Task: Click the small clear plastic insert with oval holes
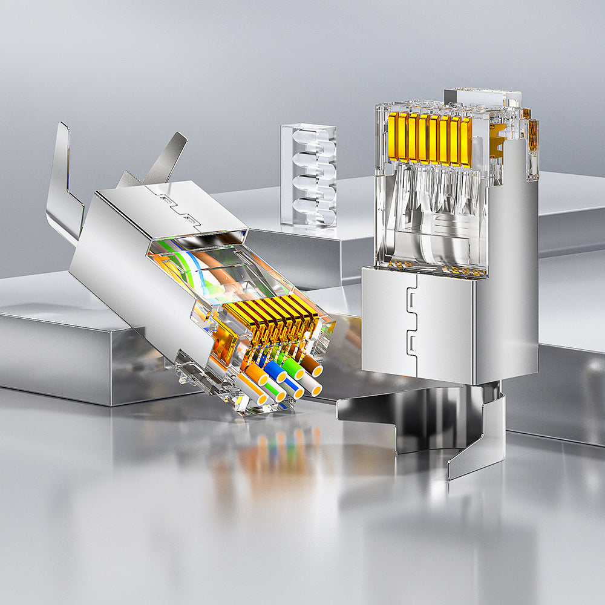pos(309,175)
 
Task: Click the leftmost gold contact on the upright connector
pos(393,137)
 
